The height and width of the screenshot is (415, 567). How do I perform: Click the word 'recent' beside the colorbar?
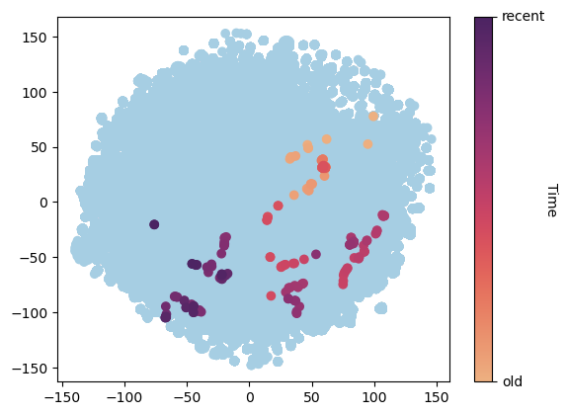tap(524, 17)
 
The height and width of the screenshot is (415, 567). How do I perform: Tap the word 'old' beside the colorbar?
tap(514, 381)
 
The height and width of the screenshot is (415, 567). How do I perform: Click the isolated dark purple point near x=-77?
tap(154, 224)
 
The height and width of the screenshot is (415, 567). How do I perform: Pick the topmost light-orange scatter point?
tap(373, 116)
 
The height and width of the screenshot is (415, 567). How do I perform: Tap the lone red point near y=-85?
tap(271, 295)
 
